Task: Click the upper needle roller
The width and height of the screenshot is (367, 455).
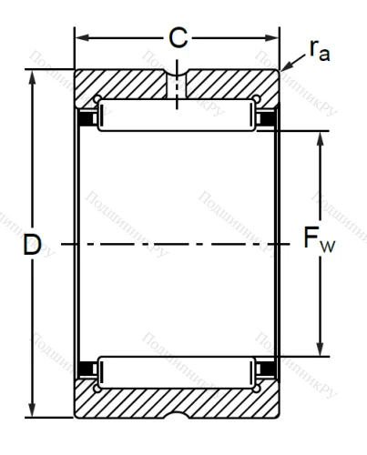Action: tap(177, 116)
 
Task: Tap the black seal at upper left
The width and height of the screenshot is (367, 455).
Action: tap(87, 117)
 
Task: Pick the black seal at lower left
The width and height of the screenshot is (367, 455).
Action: tap(87, 370)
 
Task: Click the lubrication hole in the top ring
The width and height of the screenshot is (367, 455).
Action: tap(177, 83)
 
